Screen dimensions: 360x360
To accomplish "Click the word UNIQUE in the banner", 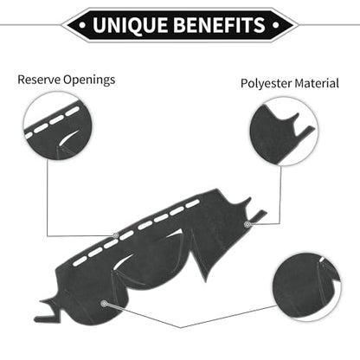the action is [131, 25].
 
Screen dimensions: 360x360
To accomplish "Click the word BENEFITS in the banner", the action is [219, 25].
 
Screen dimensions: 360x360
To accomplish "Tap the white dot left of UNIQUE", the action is [82, 25].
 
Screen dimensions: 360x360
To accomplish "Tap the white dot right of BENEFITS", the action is [276, 25].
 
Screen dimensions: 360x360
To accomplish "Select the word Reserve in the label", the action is [39, 80].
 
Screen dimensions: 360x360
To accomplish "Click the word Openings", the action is [89, 80].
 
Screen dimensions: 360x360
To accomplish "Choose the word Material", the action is [317, 83].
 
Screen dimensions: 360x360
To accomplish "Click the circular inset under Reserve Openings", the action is [57, 126].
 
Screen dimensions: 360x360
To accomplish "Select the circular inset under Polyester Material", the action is [284, 132].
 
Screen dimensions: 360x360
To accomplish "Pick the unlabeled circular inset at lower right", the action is [307, 286].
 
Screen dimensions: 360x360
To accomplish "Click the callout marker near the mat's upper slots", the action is [116, 235].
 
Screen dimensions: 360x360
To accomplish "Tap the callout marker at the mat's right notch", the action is [247, 224].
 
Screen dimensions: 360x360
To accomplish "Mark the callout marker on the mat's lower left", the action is [104, 303].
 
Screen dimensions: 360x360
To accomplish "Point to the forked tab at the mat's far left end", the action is [49, 311].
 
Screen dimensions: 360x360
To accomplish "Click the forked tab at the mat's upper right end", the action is [254, 210].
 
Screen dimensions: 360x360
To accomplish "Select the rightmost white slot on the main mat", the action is [193, 204].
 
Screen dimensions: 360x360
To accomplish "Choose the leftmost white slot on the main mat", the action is [80, 261].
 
